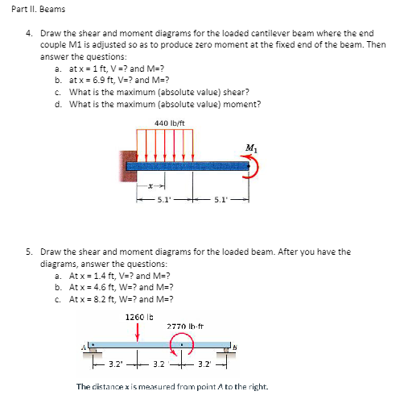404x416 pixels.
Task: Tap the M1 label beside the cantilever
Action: (252, 148)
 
